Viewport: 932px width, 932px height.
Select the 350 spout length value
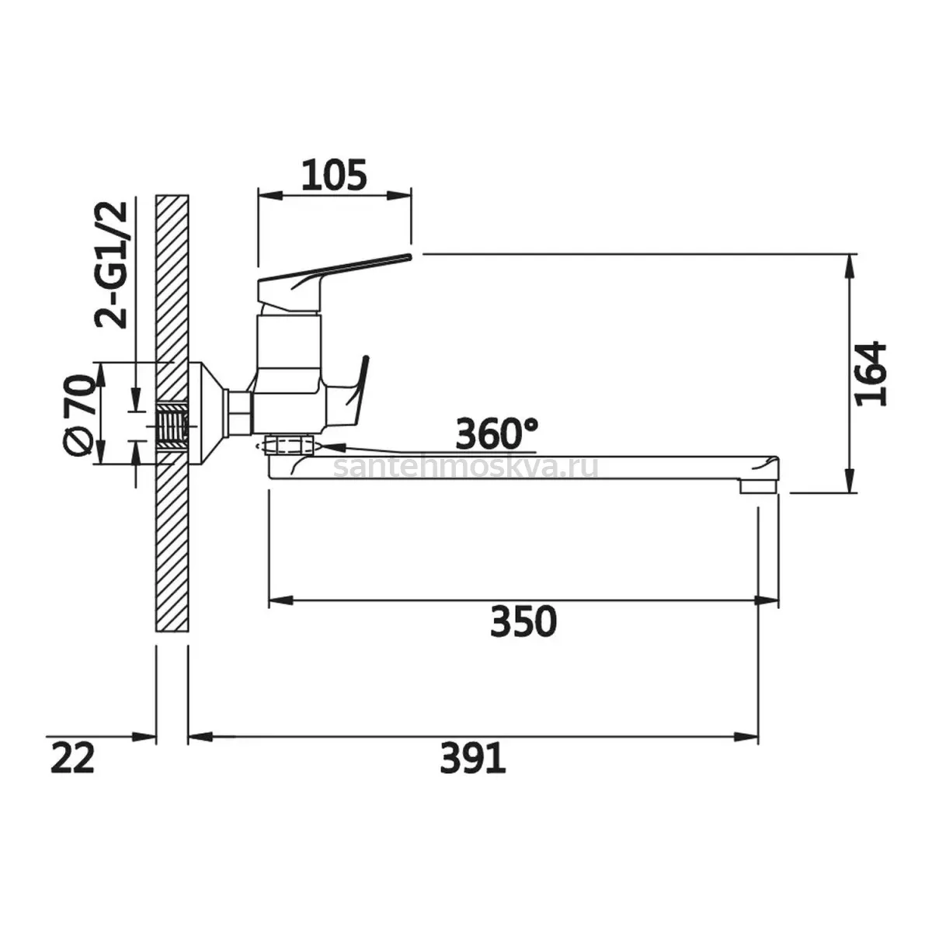coord(523,621)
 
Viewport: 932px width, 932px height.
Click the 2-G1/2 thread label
coord(112,265)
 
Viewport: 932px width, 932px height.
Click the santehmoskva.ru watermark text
coord(466,467)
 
